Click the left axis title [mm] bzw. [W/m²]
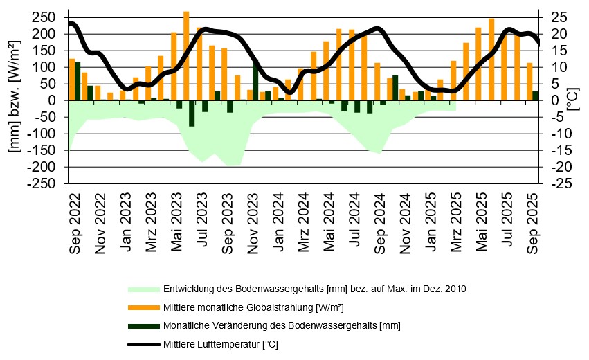click(x=12, y=97)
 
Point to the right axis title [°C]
click(x=574, y=97)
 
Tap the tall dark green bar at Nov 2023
click(x=255, y=80)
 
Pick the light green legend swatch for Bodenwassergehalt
click(x=143, y=289)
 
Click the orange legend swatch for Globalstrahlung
click(x=143, y=307)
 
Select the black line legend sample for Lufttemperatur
click(x=143, y=344)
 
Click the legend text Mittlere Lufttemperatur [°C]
click(x=220, y=344)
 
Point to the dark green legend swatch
click(x=143, y=325)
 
